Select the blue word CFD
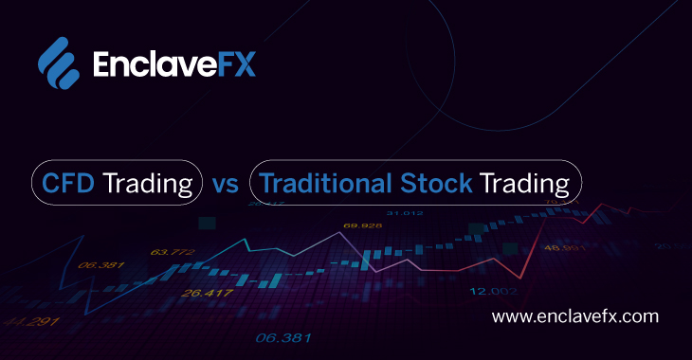pos(67,182)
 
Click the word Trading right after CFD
pos(147,183)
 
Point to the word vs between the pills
pos(227,183)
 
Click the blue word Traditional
pos(315,182)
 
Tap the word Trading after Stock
pos(524,183)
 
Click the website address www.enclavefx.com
pos(576,316)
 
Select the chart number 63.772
pos(172,252)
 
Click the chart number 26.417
pos(208,293)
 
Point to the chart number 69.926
pos(363,226)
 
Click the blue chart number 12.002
pos(493,290)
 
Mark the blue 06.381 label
pos(282,338)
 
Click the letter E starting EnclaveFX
pos(101,63)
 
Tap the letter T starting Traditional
pos(266,182)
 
